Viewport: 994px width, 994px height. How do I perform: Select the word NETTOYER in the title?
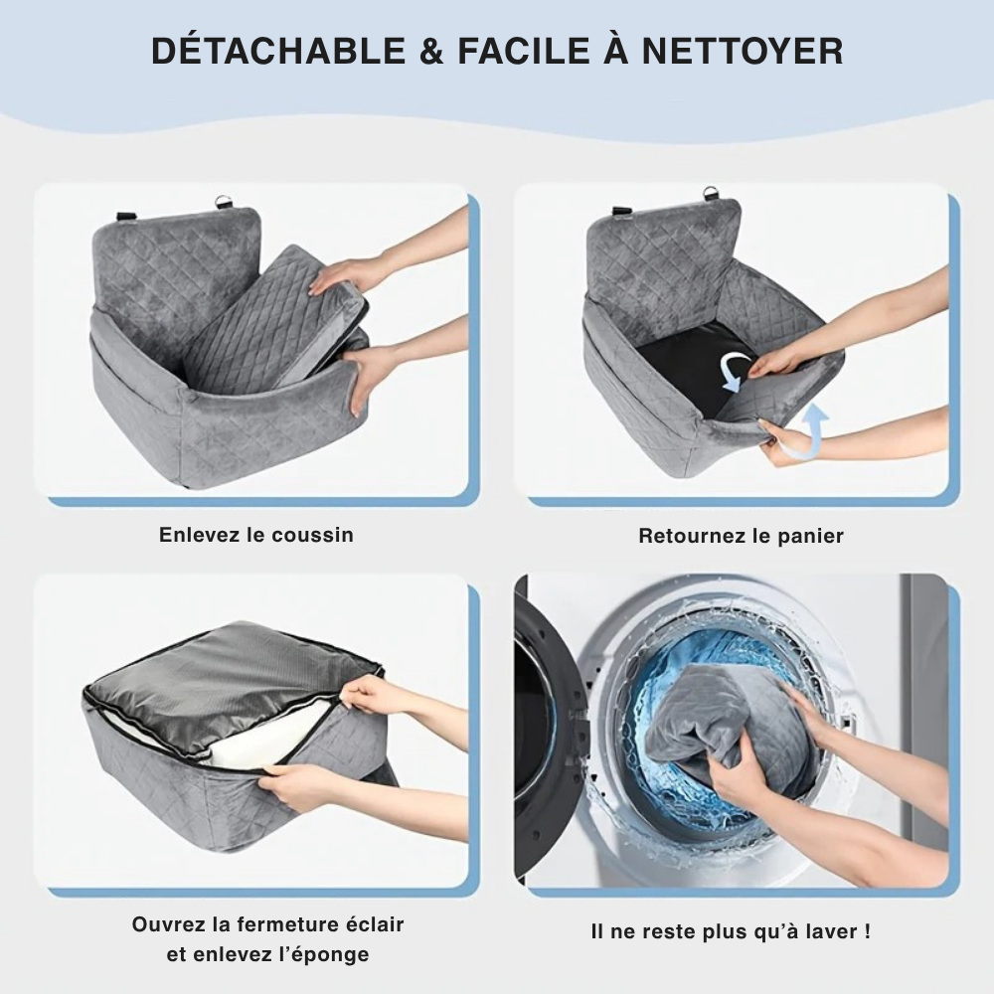click(743, 52)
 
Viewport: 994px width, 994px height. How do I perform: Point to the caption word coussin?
click(312, 535)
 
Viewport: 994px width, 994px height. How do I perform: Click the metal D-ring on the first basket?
click(223, 202)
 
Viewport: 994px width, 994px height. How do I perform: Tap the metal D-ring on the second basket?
click(710, 193)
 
